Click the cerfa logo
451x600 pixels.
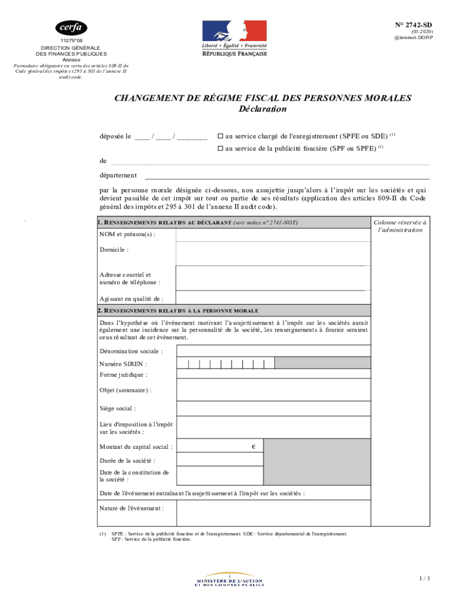pyautogui.click(x=71, y=28)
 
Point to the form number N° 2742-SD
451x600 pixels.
pyautogui.click(x=413, y=25)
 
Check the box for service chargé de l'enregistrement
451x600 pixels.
pyautogui.click(x=220, y=136)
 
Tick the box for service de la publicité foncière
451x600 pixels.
pyautogui.click(x=220, y=149)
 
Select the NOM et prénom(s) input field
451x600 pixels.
pyautogui.click(x=273, y=235)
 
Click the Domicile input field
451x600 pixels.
pyautogui.click(x=273, y=253)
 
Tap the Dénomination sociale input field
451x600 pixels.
pyautogui.click(x=273, y=350)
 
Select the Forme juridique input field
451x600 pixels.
pyautogui.click(x=273, y=374)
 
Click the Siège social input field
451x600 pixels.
pyautogui.click(x=273, y=408)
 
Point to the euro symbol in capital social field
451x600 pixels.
pyautogui.click(x=254, y=447)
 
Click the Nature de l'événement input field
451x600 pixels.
pyautogui.click(x=273, y=512)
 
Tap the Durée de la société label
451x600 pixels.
pyautogui.click(x=128, y=461)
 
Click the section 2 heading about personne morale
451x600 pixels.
pyautogui.click(x=179, y=311)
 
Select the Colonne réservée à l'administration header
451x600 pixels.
pyautogui.click(x=400, y=226)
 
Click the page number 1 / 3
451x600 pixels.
pyautogui.click(x=425, y=579)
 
